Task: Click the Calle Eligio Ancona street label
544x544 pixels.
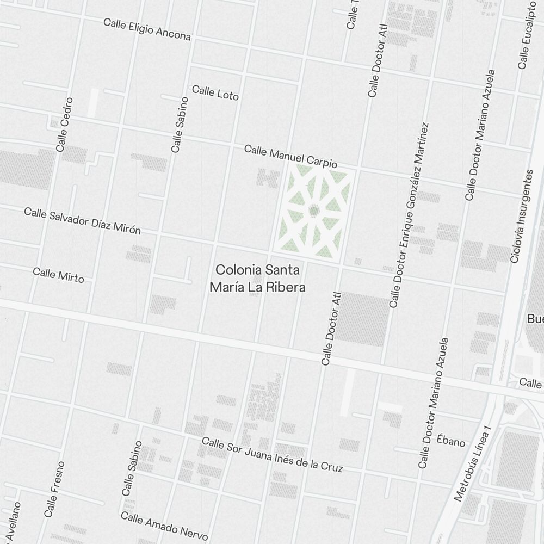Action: [147, 30]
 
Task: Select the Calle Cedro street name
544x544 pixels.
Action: [64, 125]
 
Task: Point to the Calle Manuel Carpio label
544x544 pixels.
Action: [290, 156]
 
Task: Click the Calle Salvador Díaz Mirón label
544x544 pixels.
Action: [82, 220]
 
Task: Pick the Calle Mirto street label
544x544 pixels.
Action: [58, 275]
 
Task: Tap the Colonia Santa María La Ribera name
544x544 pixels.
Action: [258, 278]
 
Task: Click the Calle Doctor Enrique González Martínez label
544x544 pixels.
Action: [410, 215]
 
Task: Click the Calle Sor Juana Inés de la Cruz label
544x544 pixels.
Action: [272, 454]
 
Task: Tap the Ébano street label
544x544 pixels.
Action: [451, 441]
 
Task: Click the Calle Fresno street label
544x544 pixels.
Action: [54, 489]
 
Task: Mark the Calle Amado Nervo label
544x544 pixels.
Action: [164, 526]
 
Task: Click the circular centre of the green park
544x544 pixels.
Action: [313, 209]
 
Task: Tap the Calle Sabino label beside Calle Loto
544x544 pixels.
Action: [180, 125]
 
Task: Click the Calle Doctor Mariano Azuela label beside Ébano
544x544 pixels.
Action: [434, 403]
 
